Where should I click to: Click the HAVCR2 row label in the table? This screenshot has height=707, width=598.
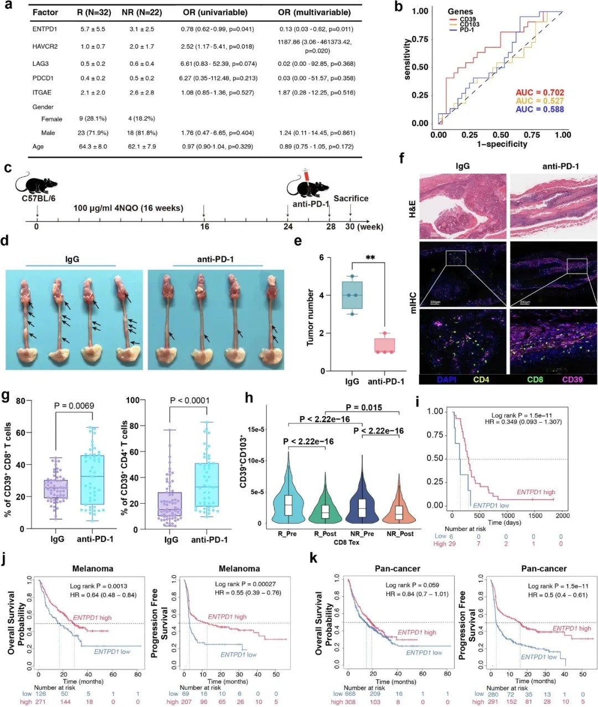pyautogui.click(x=45, y=47)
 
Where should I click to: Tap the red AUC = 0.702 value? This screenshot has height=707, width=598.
pyautogui.click(x=540, y=93)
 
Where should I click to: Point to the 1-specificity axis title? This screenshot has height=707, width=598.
pyautogui.click(x=502, y=144)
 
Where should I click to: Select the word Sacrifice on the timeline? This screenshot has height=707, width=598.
pyautogui.click(x=350, y=198)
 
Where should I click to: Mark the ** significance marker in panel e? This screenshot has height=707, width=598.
pyautogui.click(x=370, y=258)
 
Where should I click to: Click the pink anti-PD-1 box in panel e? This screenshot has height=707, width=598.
pyautogui.click(x=384, y=345)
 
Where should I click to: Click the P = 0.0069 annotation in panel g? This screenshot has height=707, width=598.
pyautogui.click(x=74, y=406)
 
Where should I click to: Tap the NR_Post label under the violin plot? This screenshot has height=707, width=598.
pyautogui.click(x=400, y=534)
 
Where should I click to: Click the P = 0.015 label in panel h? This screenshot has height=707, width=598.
pyautogui.click(x=364, y=408)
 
